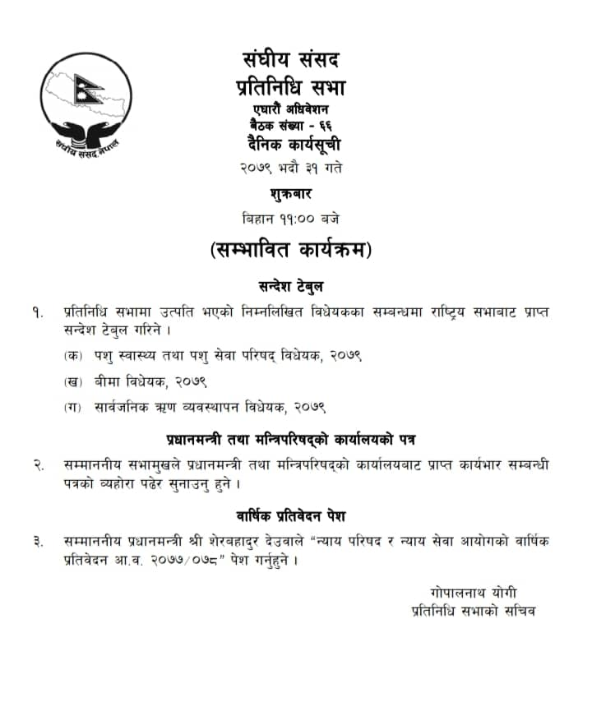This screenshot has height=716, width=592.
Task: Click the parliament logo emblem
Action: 86,100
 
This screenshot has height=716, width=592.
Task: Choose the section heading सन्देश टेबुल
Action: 290,287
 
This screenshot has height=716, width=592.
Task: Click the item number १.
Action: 38,313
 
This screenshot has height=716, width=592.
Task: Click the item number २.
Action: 39,464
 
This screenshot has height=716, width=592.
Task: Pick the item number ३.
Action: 39,542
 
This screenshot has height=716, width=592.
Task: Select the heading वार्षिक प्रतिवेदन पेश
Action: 290,516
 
